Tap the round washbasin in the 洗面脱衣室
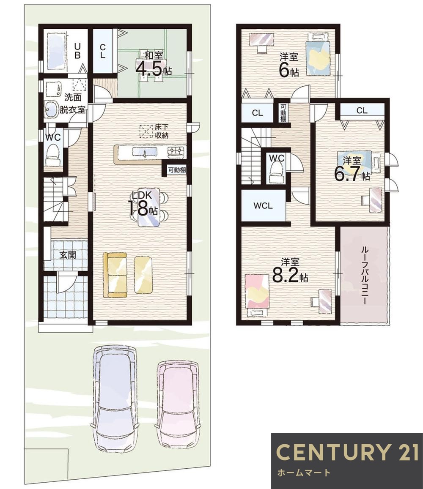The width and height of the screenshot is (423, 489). click(51, 110)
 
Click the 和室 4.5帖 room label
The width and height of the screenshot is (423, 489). click(153, 63)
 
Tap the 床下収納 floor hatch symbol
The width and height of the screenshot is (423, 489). click(146, 131)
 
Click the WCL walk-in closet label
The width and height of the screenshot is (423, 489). click(263, 206)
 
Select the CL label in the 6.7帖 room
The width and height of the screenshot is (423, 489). click(361, 111)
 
